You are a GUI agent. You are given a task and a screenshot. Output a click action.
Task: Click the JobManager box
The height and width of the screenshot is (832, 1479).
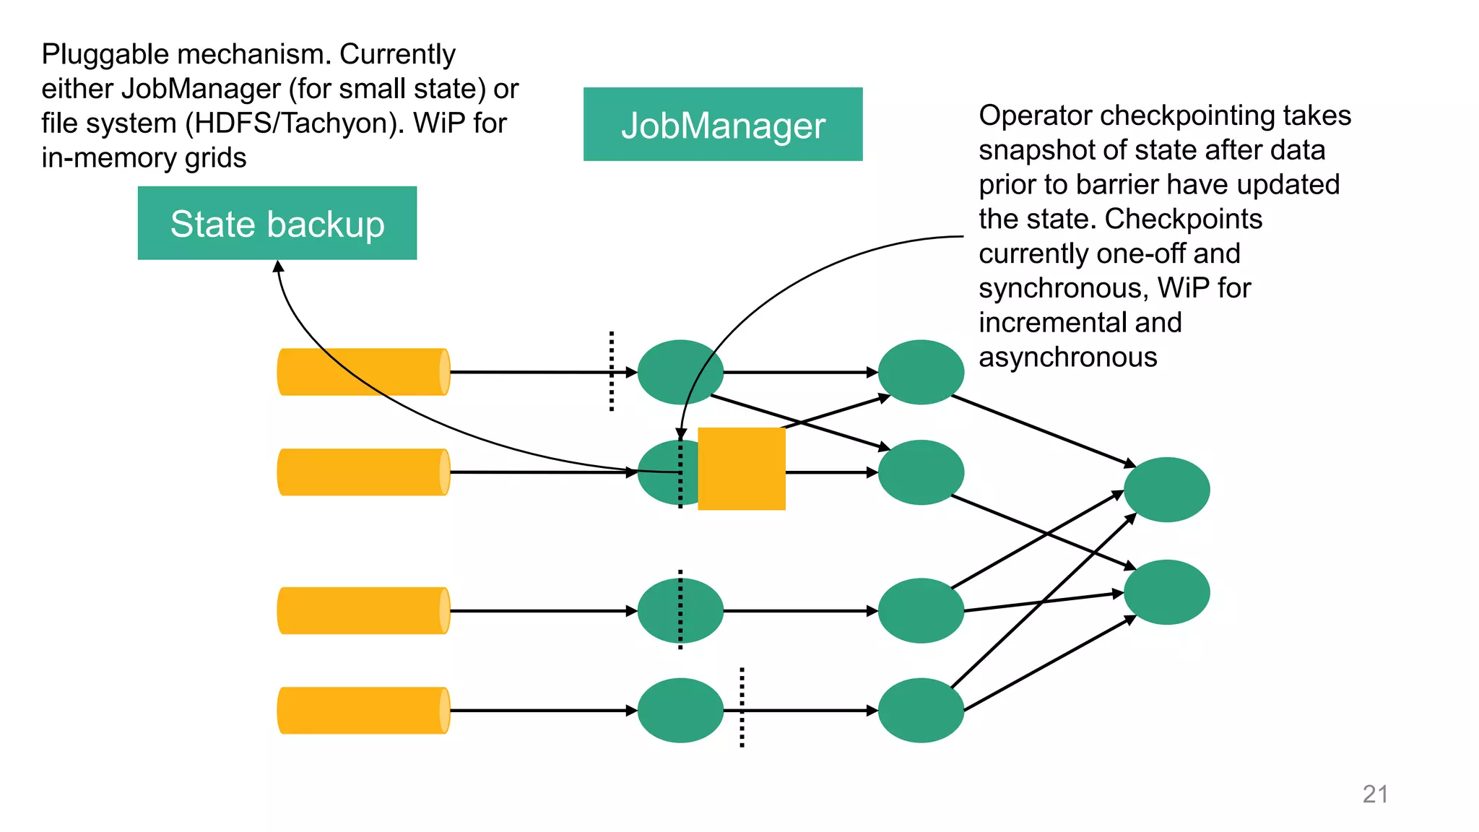click(722, 124)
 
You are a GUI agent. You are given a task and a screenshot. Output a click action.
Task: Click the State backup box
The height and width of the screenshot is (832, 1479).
click(277, 223)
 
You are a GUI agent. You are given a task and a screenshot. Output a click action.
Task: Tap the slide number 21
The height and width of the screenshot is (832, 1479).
click(1375, 794)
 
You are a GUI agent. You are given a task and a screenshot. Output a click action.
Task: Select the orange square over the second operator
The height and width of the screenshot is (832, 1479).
click(742, 469)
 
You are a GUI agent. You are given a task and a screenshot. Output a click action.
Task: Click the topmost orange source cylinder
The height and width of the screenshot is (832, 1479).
click(363, 372)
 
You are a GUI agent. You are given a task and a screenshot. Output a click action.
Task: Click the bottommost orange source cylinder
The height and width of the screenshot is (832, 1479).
click(363, 711)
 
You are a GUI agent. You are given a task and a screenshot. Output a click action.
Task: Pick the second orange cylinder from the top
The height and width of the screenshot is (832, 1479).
click(363, 472)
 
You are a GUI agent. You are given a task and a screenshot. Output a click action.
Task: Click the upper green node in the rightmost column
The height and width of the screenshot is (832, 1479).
click(1166, 490)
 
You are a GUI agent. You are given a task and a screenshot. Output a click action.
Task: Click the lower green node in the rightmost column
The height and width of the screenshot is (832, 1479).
click(1166, 592)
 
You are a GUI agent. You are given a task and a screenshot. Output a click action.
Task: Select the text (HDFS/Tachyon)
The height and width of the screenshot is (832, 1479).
click(295, 123)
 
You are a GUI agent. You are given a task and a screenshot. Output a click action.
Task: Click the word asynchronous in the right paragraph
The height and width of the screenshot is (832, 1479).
click(1067, 357)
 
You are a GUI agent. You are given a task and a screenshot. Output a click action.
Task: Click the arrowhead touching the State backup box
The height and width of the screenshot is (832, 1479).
click(278, 266)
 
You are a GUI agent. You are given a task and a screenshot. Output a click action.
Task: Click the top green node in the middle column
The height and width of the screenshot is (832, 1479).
click(921, 372)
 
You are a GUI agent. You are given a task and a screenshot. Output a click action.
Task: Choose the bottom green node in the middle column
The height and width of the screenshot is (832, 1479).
click(921, 711)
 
